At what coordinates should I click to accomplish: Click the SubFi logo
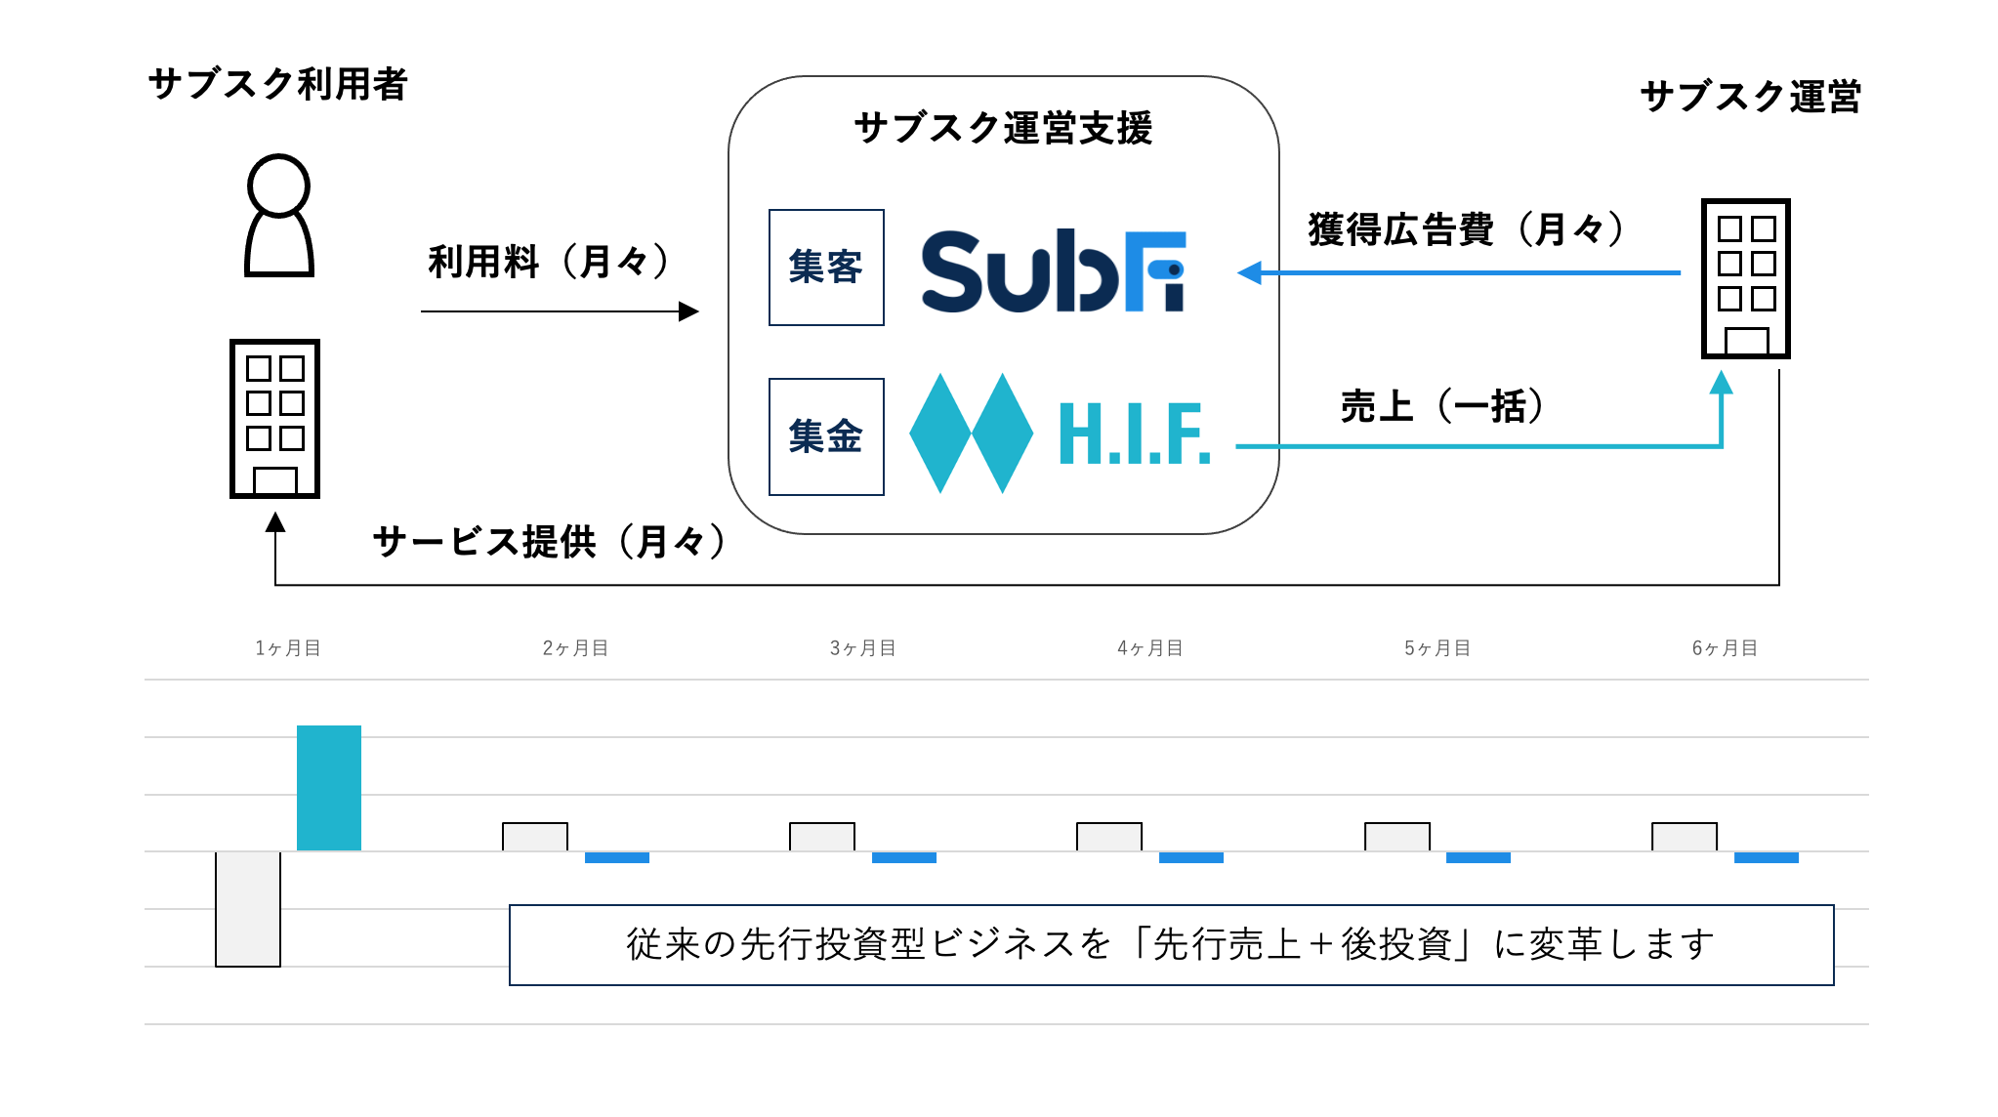[1053, 270]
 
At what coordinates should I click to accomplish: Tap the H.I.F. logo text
[1134, 434]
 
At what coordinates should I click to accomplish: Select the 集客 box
[826, 268]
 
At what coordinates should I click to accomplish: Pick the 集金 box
[826, 436]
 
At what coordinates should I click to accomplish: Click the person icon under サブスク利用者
[279, 216]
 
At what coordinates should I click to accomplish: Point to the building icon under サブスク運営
[1745, 278]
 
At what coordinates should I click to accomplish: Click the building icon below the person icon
[274, 418]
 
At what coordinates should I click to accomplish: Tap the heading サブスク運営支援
[1003, 128]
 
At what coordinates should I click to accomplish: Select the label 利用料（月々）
[548, 262]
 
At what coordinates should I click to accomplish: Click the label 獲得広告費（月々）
[1465, 229]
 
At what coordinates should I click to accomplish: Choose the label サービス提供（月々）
[549, 541]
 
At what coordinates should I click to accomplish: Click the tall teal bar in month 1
[329, 788]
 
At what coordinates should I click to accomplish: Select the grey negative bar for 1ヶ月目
[248, 909]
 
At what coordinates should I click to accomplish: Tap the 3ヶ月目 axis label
[862, 648]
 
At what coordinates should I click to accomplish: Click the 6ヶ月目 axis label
[1725, 648]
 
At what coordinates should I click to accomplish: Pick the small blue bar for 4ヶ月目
[1190, 857]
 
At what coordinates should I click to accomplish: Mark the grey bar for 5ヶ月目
[1396, 837]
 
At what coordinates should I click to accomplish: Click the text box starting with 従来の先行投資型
[1171, 944]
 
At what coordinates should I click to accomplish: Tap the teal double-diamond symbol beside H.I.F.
[971, 433]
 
